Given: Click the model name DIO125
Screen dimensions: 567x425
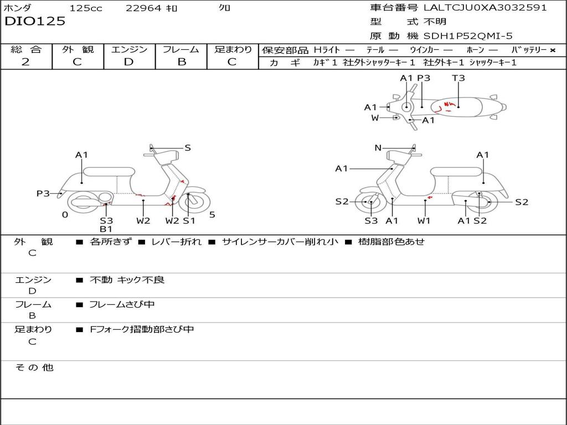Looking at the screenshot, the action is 35,22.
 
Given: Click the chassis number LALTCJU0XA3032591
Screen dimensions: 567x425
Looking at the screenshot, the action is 485,8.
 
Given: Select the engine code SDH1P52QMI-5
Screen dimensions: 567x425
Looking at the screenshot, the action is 468,36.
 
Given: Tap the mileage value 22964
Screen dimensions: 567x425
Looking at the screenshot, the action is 143,8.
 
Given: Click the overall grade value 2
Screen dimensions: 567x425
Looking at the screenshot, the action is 25,61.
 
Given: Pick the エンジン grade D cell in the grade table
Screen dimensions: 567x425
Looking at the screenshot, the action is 128,61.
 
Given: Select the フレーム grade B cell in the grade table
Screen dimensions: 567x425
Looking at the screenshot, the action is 181,61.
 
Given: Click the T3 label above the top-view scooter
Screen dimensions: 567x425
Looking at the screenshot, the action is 458,78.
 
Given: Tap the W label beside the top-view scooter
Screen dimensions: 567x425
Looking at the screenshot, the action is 375,118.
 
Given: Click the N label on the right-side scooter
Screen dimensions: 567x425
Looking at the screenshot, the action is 378,148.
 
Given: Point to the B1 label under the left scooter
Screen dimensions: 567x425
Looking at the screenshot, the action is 106,229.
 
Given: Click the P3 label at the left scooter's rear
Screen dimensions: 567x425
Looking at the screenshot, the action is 43,193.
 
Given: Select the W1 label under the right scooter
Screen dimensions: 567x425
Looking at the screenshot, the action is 424,221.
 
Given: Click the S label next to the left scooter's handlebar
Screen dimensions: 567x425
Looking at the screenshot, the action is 188,148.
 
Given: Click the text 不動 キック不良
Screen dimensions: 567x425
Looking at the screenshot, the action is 127,280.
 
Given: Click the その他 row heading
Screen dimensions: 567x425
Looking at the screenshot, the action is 34,367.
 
